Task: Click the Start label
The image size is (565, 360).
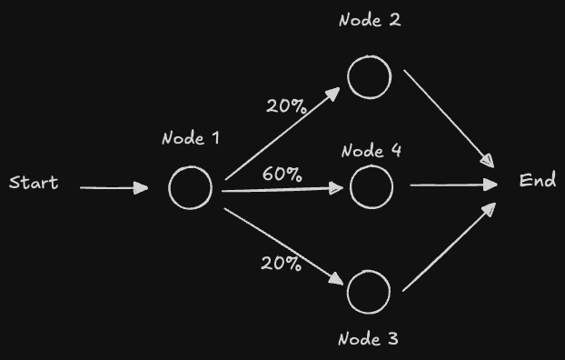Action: pos(34,183)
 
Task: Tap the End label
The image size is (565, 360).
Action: pos(537,181)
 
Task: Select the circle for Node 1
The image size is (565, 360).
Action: pos(191,187)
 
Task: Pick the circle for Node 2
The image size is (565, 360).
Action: pos(369,76)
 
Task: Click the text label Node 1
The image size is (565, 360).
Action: pos(191,139)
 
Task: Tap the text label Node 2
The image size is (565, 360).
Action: pos(370,21)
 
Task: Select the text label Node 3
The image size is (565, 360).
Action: pos(368,340)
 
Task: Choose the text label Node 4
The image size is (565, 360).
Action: pos(372,151)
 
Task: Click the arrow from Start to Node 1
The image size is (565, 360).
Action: pos(114,188)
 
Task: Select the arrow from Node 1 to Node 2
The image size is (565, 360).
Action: pos(282,134)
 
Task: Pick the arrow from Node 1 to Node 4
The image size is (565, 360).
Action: pos(282,190)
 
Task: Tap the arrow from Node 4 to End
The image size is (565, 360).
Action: pos(453,185)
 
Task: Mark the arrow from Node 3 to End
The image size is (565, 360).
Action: pos(449,247)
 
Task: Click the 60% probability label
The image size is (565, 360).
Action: pos(282,174)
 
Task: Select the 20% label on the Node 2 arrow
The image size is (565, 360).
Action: pos(285,105)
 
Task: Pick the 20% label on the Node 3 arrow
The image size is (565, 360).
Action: pos(281,264)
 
